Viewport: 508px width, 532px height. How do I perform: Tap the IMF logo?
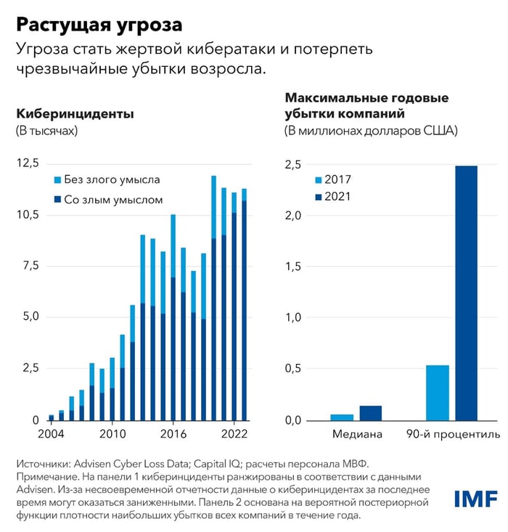(x=475, y=499)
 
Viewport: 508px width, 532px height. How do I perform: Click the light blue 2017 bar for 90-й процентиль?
(x=438, y=392)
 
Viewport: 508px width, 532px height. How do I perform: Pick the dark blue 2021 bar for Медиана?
(x=370, y=413)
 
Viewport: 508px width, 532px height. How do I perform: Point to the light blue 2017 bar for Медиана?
(x=342, y=417)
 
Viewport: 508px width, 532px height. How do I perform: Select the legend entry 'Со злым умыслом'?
(x=113, y=199)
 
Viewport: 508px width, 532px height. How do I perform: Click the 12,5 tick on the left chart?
(x=28, y=163)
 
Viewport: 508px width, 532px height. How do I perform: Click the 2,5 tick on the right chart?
(x=292, y=165)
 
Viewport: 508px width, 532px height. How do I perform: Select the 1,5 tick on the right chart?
(x=292, y=267)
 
